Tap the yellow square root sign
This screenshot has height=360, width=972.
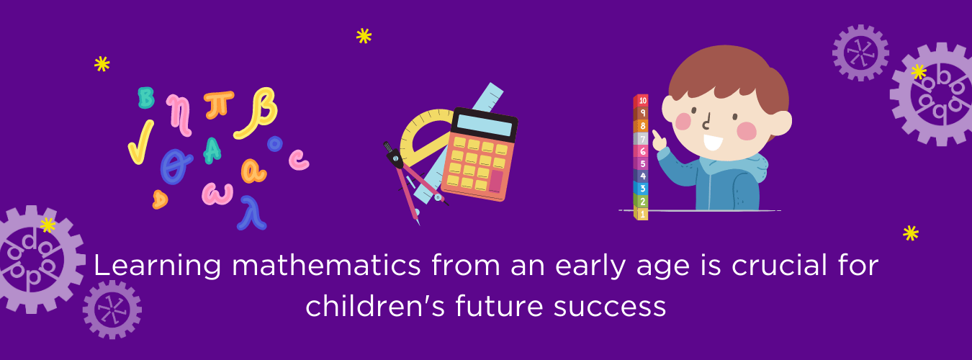(x=140, y=140)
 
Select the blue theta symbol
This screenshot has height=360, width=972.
(x=176, y=165)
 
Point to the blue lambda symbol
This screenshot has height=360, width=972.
(x=253, y=212)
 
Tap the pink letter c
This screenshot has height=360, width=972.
(x=298, y=159)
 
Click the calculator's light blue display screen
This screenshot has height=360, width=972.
(x=485, y=124)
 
